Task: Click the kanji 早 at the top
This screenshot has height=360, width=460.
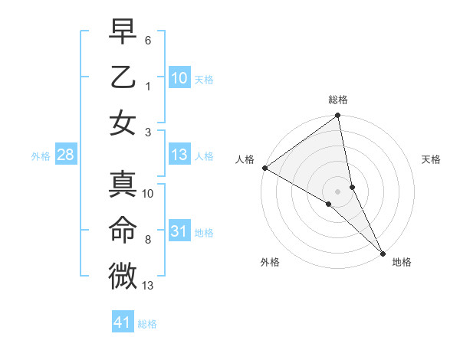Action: coord(123,32)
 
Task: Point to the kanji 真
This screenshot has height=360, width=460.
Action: coord(123,185)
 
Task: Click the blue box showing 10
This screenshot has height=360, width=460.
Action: coord(179,77)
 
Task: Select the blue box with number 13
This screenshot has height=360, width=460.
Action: coord(179,155)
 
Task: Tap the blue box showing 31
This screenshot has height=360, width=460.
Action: coord(179,231)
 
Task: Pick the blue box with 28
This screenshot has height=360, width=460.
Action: coord(65,155)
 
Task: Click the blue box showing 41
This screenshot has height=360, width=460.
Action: coord(122,322)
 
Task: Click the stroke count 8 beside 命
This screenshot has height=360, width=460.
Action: coord(148,240)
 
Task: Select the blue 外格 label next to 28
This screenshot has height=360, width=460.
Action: coord(41,156)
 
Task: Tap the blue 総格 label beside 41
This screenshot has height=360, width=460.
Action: coord(147,324)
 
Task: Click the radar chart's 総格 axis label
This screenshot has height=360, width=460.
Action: coord(338,100)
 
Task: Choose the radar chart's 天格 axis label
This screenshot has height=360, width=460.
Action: coord(432,159)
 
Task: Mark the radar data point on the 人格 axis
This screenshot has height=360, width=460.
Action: coord(264,168)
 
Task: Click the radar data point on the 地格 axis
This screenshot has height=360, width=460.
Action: coord(383,252)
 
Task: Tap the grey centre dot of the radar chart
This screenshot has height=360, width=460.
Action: coord(338,191)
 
